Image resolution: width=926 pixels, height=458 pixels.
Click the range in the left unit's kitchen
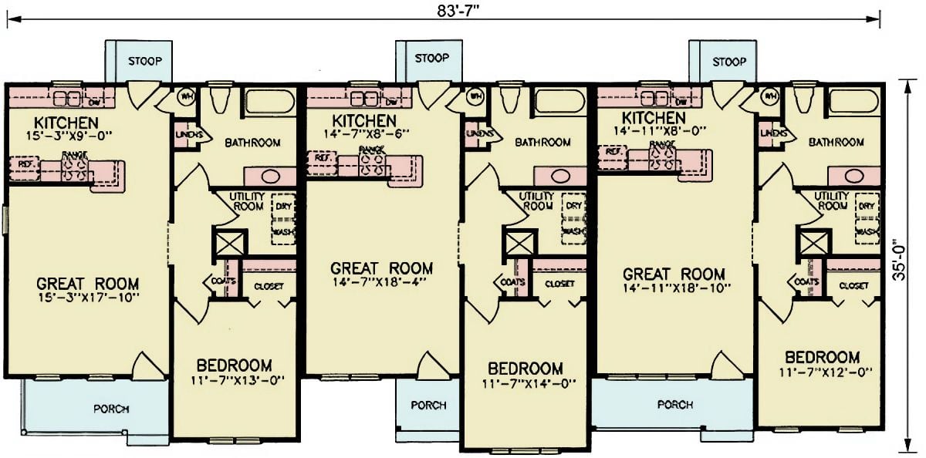pyautogui.click(x=75, y=169)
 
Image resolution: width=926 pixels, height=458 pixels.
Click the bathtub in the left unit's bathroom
pyautogui.click(x=269, y=102)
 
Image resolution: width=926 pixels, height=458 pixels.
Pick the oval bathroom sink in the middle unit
pyautogui.click(x=562, y=175)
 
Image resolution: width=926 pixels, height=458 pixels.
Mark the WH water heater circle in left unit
pyautogui.click(x=186, y=97)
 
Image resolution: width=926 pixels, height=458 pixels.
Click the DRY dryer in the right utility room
pyautogui.click(x=867, y=207)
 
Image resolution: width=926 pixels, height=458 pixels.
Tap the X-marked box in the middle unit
pyautogui.click(x=516, y=242)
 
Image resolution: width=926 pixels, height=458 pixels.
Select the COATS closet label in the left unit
pyautogui.click(x=218, y=281)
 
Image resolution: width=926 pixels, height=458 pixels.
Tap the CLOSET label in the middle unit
pyautogui.click(x=559, y=284)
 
